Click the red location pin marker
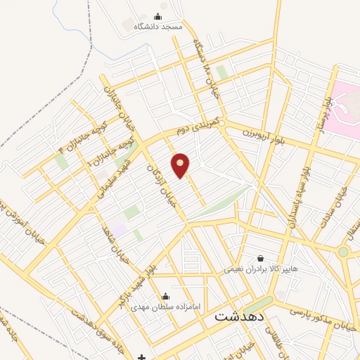pos(181,165)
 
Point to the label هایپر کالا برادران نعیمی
pos(261,269)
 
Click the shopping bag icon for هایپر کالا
pos(261,258)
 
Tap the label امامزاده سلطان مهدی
pos(166,307)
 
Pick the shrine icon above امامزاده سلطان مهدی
pos(166,297)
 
